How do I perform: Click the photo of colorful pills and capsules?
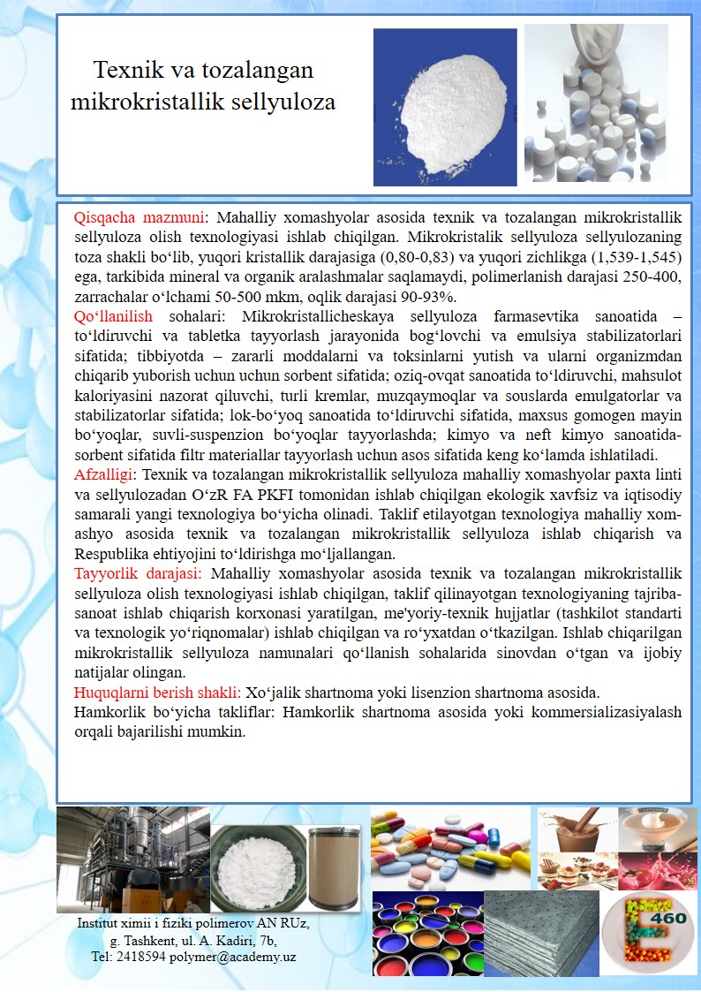pos(450,848)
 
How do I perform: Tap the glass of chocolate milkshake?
pos(575,830)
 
